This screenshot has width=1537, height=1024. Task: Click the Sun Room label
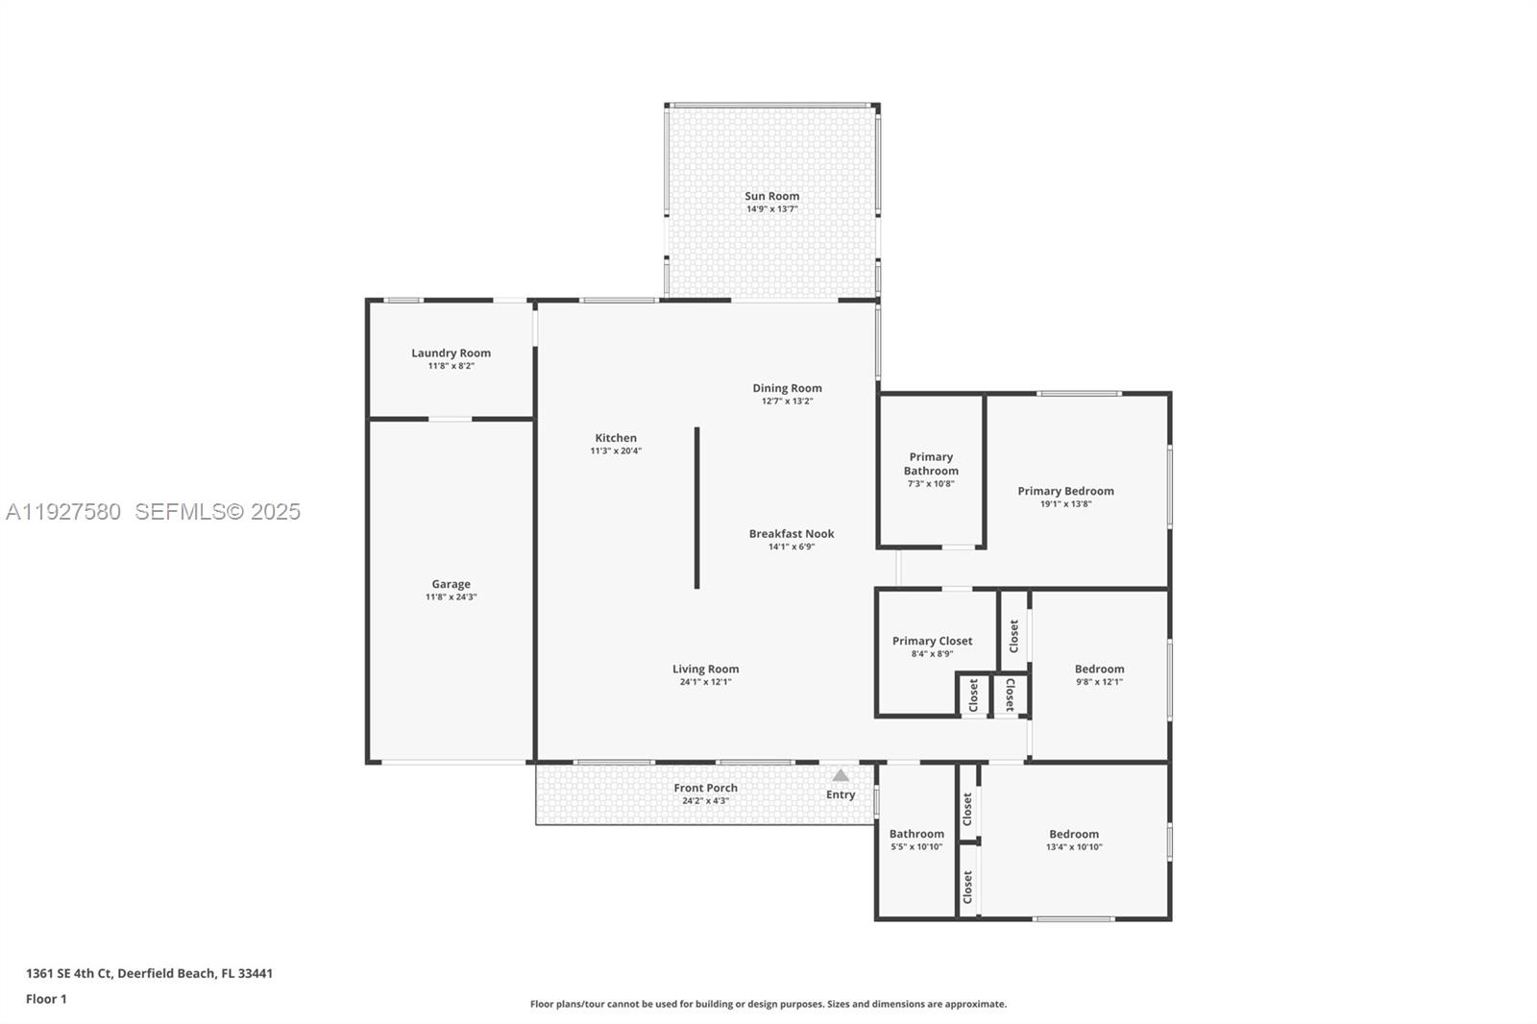(771, 196)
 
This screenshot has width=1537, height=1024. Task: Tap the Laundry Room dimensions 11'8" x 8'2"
(451, 366)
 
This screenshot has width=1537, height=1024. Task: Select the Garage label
(451, 584)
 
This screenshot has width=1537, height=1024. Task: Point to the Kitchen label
(616, 438)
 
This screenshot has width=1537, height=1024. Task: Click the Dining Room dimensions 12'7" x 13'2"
(787, 402)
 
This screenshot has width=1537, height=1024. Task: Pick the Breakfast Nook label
(792, 534)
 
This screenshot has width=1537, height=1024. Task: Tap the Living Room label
(705, 670)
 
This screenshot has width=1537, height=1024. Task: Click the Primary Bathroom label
(931, 464)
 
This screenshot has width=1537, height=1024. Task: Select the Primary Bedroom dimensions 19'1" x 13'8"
(1065, 504)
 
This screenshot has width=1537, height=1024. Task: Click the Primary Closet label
(932, 641)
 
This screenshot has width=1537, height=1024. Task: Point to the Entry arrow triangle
(841, 775)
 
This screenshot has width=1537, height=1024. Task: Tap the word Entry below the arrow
(841, 794)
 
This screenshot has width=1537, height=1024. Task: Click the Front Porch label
(705, 788)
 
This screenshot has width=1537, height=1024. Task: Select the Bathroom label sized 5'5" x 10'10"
(916, 834)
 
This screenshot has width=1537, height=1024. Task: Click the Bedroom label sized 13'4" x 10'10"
(1073, 834)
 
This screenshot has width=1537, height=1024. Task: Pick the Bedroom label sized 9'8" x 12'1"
(1099, 670)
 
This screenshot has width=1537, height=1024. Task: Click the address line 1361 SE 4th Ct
(149, 973)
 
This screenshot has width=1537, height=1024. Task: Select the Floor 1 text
(46, 999)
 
